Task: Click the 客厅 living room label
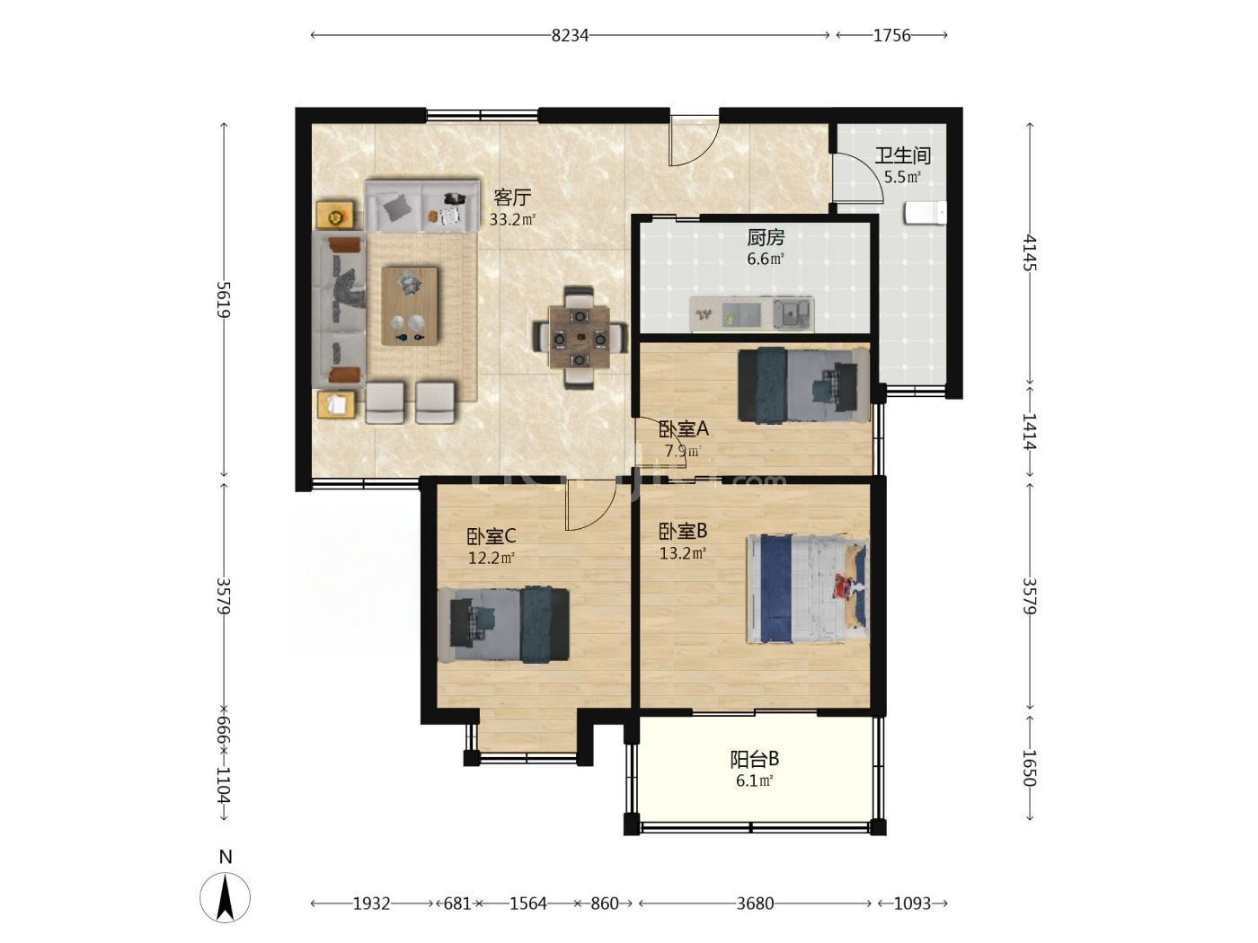tap(512, 198)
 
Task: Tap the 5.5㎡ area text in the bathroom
tap(902, 178)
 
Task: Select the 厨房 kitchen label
tap(765, 237)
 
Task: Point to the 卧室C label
tap(492, 536)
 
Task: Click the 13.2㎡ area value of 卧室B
tap(683, 553)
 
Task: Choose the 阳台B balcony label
tap(754, 759)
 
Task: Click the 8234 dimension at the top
tap(570, 36)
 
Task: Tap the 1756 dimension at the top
tap(891, 36)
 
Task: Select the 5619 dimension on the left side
tap(224, 299)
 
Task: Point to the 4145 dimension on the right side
tap(1030, 252)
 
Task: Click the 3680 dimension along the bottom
tap(755, 903)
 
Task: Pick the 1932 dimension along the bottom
tap(371, 903)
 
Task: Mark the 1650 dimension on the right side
tap(1030, 769)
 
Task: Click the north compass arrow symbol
tap(226, 897)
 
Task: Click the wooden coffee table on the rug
tap(410, 305)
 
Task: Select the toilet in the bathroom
tap(925, 213)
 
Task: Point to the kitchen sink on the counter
tap(793, 313)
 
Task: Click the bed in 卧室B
tap(808, 588)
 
